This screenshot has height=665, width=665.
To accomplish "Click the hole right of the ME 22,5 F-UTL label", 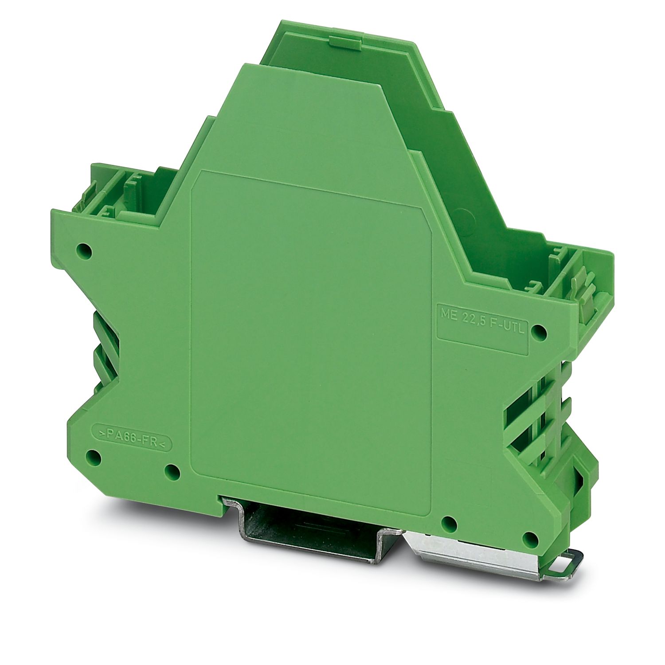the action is tap(538, 330).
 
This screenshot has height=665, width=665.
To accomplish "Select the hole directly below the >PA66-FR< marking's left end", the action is tap(94, 456).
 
